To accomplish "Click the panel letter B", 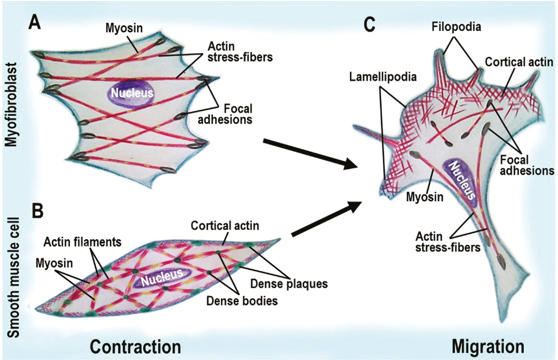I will tap(37, 211).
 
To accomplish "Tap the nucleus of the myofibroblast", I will tap(131, 93).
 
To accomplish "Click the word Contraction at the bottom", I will tap(135, 347).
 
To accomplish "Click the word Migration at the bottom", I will tap(488, 347).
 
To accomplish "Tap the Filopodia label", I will tap(456, 27).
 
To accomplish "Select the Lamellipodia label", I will tap(382, 76).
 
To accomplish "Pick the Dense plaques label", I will tap(289, 283).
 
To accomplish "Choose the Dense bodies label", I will tap(242, 301).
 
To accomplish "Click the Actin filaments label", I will tap(82, 242).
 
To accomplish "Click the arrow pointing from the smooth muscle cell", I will tap(327, 218).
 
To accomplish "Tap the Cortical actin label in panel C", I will tap(519, 62).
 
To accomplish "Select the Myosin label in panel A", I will tap(124, 28).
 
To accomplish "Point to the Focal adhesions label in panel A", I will tap(225, 114).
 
